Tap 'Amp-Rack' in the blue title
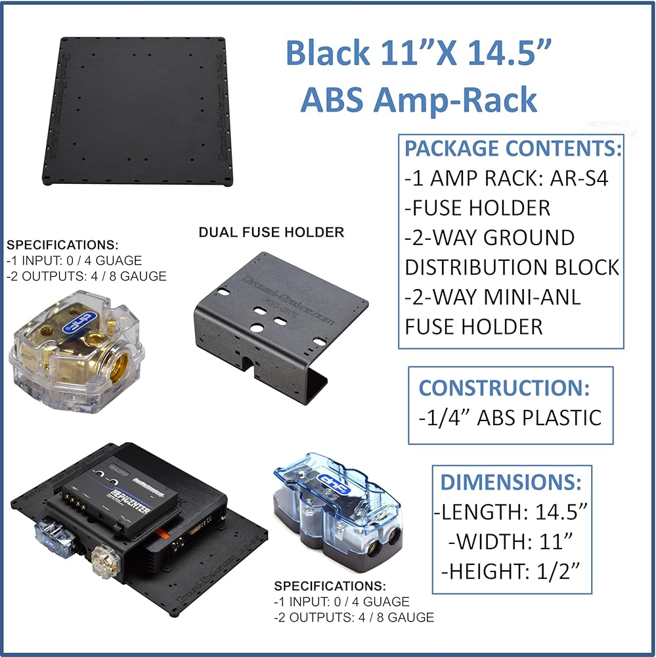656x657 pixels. point(455,101)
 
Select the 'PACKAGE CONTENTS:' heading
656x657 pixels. point(513,148)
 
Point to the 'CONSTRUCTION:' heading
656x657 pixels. point(504,388)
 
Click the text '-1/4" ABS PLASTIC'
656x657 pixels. point(510,417)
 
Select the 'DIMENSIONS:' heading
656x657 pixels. point(511,483)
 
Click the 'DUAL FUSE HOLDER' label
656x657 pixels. point(271,232)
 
